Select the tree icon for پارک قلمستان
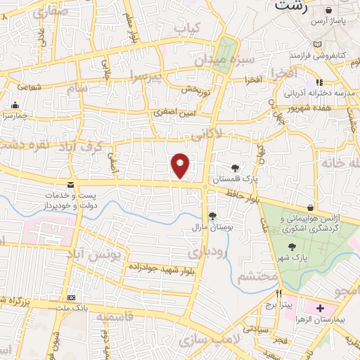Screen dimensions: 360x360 (234, 167)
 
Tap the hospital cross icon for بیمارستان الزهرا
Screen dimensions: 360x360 (320, 309)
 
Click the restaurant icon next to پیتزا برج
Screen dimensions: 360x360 (279, 293)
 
